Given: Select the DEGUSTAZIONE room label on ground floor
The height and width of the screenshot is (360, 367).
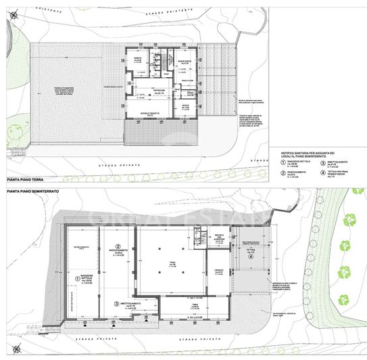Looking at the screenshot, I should (x=185, y=62).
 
